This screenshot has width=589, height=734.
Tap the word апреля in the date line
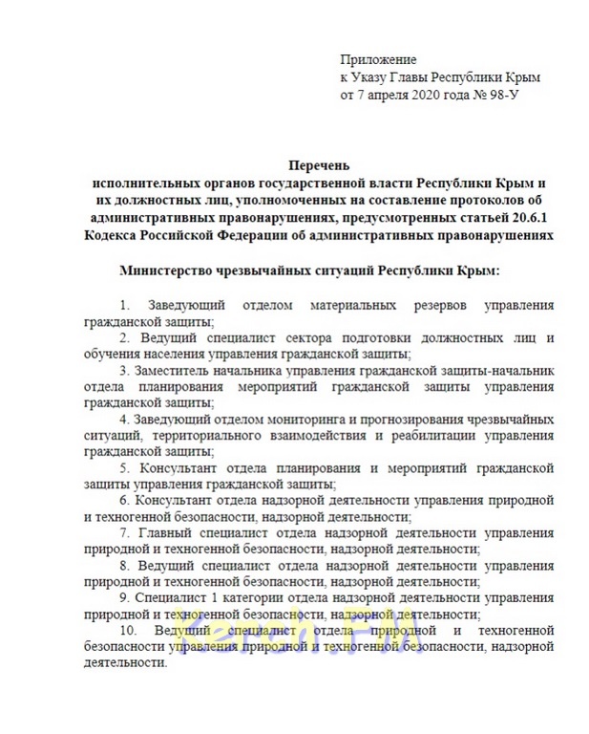pyautogui.click(x=389, y=96)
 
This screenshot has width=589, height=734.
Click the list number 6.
pyautogui.click(x=124, y=500)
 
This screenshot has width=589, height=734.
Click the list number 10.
pyautogui.click(x=127, y=630)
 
